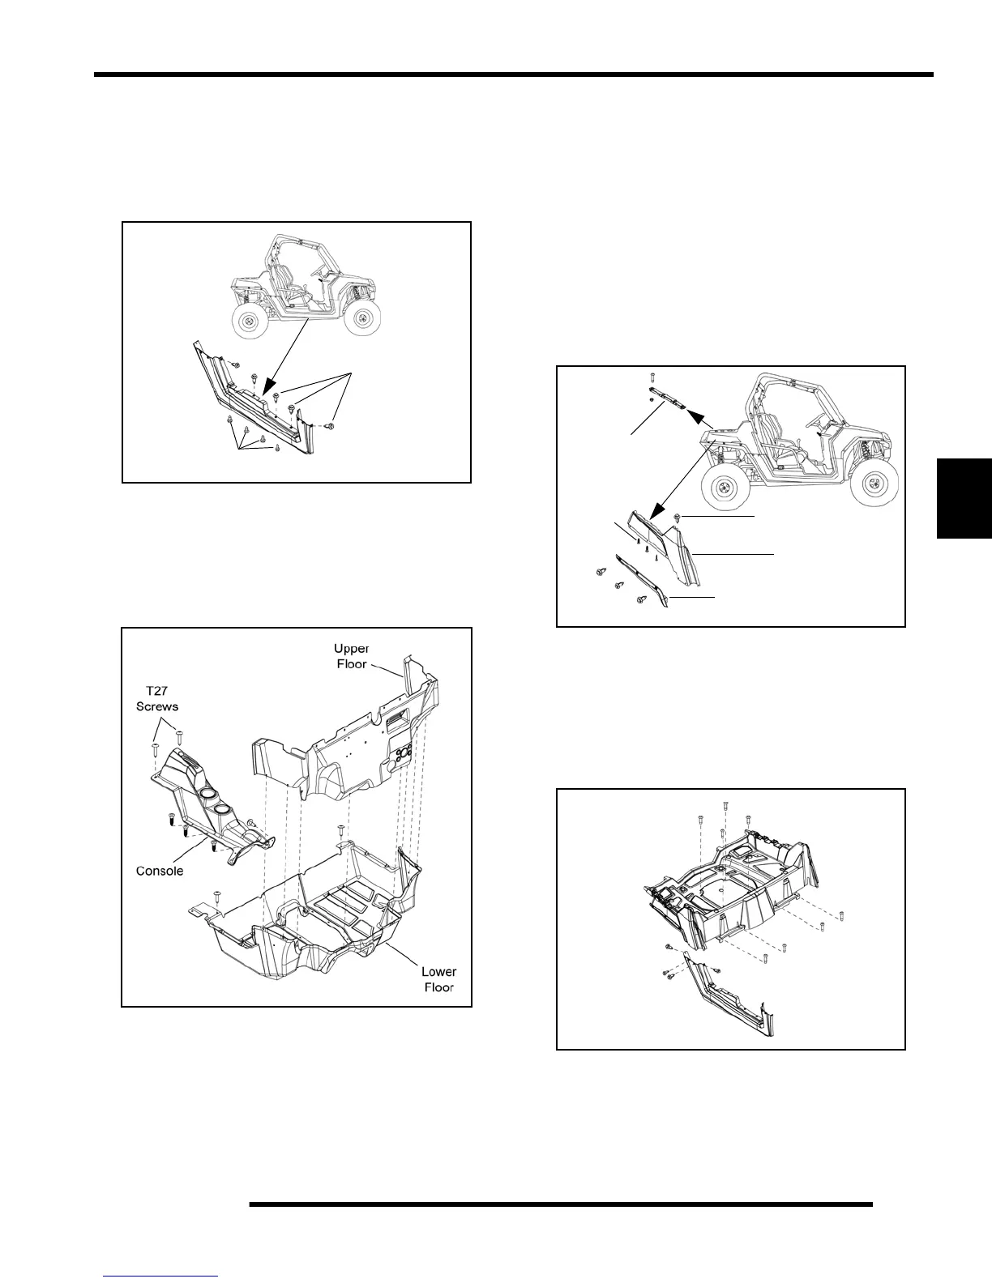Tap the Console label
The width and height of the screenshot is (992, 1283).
159,871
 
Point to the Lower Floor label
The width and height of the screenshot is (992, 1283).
438,978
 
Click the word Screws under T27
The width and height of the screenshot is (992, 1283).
156,705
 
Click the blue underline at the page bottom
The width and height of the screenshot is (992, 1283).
161,1276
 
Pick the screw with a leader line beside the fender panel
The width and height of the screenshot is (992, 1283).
677,517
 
